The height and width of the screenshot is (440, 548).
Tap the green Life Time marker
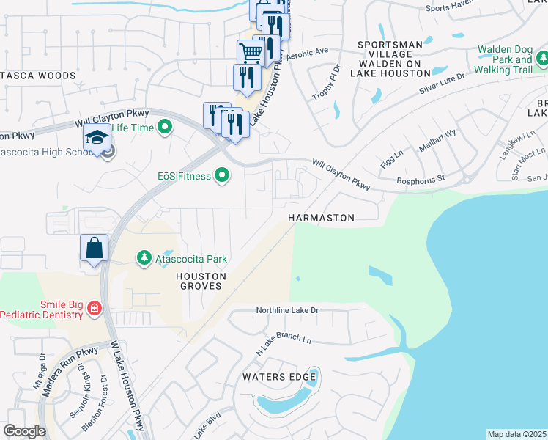[x=165, y=127]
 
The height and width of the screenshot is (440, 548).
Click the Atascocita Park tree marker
[x=144, y=258]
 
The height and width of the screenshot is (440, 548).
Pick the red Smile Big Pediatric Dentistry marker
[x=94, y=309]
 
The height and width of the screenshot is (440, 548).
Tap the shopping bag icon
[x=95, y=248]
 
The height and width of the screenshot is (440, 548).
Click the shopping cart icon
[x=251, y=53]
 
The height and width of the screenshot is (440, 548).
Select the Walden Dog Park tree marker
[x=542, y=58]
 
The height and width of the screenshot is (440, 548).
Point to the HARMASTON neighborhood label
[x=321, y=218]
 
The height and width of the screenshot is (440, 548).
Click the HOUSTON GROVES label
[x=200, y=281]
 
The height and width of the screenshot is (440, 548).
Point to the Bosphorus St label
[x=420, y=178]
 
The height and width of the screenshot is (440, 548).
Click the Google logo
[x=24, y=431]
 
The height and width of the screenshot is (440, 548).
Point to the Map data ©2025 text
[x=516, y=434]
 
